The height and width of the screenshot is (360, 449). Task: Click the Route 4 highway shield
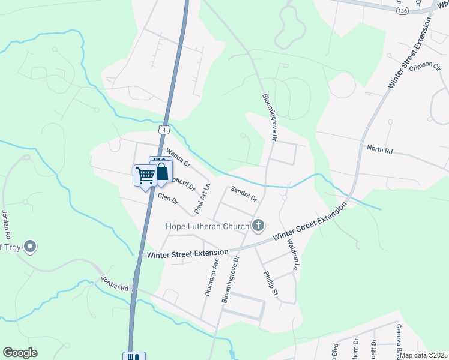164,129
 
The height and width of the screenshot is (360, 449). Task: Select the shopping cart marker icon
145,176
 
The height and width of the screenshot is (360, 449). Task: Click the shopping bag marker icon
161,172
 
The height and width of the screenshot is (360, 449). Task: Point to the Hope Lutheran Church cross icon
258,226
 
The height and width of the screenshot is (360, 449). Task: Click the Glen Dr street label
168,198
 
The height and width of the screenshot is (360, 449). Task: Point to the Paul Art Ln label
200,198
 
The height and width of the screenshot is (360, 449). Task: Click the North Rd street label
379,151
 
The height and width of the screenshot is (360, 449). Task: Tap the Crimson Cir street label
425,66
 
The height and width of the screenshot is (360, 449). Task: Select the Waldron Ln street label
292,255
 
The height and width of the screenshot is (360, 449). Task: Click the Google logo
20,353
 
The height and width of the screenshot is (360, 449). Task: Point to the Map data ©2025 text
424,355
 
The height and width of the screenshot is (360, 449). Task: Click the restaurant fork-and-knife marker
134,356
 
